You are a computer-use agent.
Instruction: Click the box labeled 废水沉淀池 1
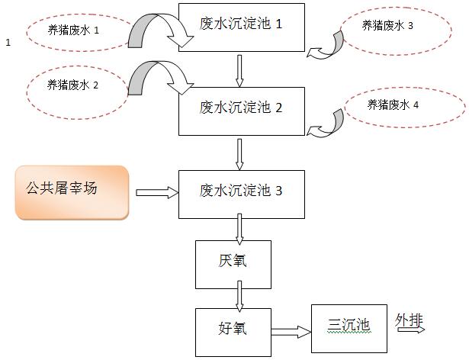click(241, 25)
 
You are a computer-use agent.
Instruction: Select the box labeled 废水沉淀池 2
click(241, 108)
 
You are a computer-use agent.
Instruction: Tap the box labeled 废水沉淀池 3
click(241, 191)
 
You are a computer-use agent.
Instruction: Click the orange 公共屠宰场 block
click(72, 192)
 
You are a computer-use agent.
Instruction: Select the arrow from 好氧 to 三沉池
click(291, 332)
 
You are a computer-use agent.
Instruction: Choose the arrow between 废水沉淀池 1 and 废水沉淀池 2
click(240, 69)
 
